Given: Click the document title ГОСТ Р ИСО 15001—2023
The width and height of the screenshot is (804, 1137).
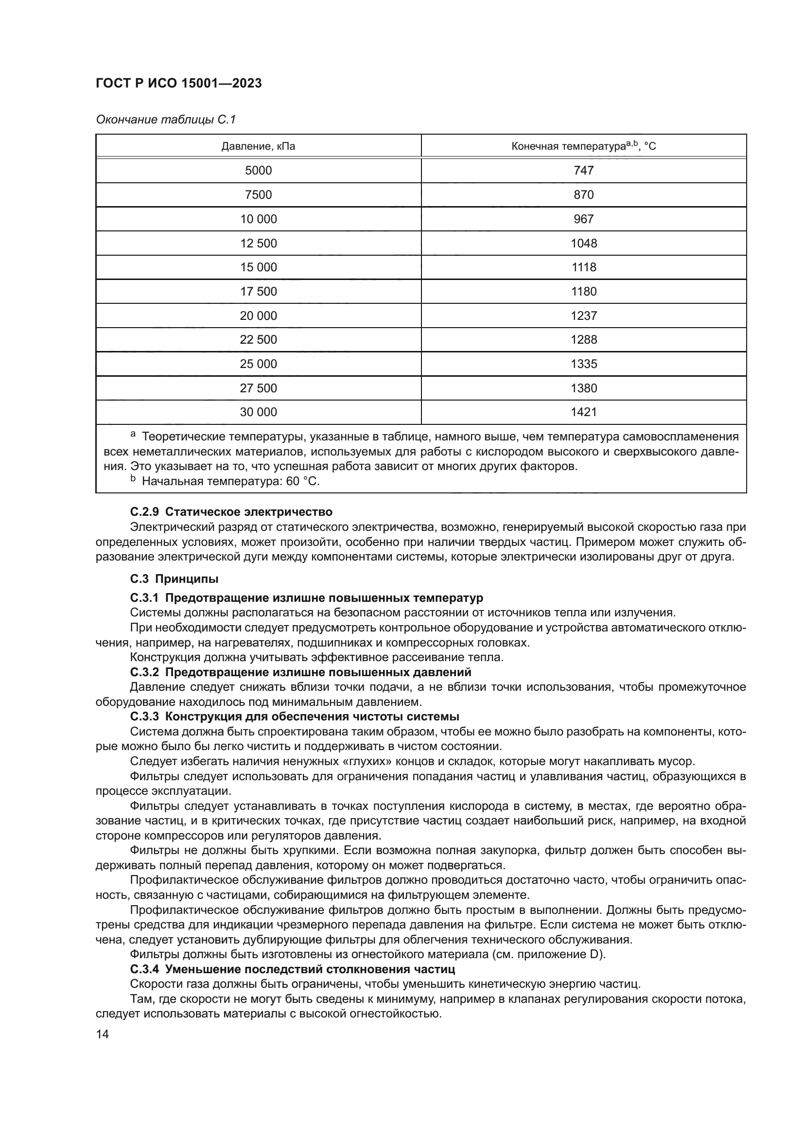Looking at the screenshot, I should click(x=179, y=84).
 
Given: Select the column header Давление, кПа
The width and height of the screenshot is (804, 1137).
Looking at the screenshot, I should click(x=258, y=147).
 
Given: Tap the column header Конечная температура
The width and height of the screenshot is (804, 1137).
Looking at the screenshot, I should click(x=583, y=146).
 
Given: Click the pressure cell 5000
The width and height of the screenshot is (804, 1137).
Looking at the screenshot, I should click(x=259, y=171).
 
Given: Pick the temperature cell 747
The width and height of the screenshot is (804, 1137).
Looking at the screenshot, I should click(x=583, y=171).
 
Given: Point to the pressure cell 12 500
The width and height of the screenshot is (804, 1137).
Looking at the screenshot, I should click(x=259, y=244).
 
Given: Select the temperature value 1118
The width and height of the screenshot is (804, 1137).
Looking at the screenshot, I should click(x=583, y=267).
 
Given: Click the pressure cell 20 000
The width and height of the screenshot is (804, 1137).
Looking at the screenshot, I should click(x=259, y=316).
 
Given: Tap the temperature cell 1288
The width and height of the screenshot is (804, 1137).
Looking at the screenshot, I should click(x=583, y=340).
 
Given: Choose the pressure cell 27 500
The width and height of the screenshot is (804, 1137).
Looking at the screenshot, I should click(x=259, y=388).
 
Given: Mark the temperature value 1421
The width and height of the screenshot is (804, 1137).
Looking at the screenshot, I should click(x=583, y=412).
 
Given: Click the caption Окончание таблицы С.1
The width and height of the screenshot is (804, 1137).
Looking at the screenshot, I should click(x=166, y=120).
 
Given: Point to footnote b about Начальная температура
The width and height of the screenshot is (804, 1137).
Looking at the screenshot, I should click(x=225, y=481).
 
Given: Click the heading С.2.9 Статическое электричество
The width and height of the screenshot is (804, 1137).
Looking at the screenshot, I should click(x=231, y=511).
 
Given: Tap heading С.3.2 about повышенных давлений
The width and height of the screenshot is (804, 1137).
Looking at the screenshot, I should click(x=300, y=672).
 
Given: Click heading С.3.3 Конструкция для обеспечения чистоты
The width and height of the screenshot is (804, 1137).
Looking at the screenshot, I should click(x=295, y=717).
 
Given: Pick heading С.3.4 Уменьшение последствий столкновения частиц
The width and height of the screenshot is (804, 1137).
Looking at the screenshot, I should click(x=293, y=969).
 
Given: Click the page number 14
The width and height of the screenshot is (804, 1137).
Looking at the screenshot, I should click(x=103, y=1034).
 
